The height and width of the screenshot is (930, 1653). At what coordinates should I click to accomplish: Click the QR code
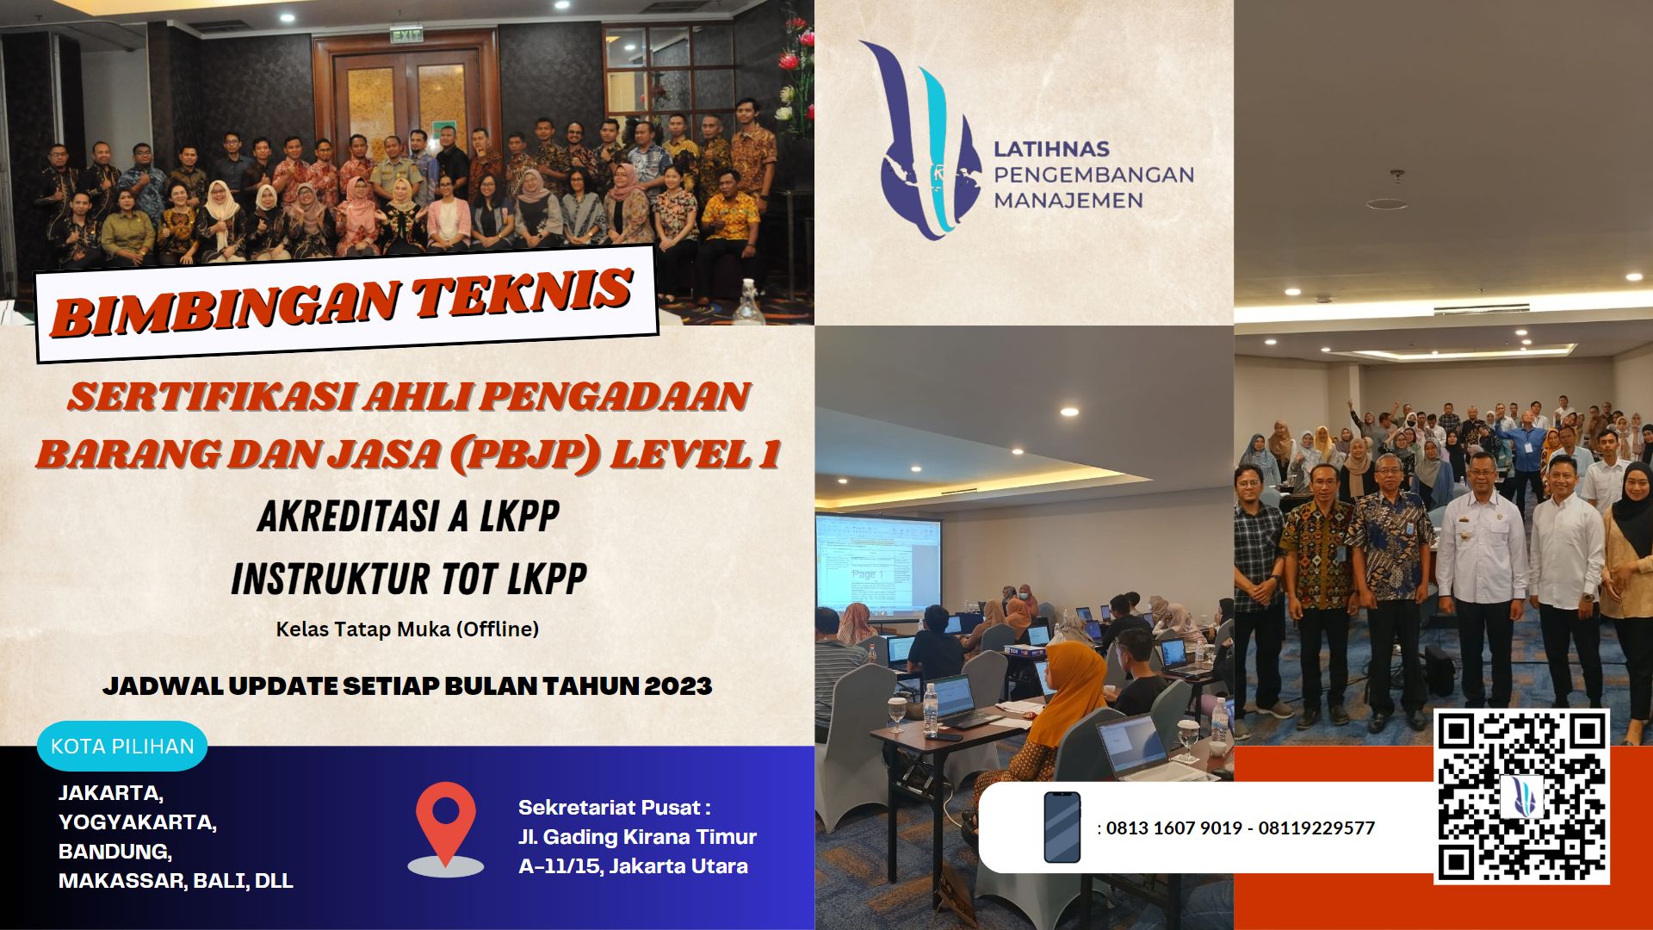[1521, 797]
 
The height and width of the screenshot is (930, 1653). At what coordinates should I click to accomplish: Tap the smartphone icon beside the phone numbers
[1062, 827]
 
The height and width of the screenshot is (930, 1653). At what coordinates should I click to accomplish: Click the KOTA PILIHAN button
[122, 746]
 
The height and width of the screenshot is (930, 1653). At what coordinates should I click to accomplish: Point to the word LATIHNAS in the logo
[1051, 149]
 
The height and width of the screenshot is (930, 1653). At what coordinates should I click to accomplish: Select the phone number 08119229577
[1316, 828]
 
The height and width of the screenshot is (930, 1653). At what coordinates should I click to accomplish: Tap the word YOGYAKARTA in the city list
[137, 822]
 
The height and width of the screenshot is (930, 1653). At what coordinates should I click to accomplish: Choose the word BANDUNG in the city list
[115, 852]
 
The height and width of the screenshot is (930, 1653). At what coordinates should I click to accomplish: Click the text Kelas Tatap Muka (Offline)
[407, 629]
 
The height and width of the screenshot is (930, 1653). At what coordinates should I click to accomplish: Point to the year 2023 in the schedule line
[678, 686]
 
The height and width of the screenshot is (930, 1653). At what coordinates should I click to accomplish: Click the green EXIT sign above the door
[406, 35]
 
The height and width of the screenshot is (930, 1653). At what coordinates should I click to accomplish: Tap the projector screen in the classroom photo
[877, 564]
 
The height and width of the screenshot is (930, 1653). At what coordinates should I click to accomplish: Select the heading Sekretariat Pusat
[614, 808]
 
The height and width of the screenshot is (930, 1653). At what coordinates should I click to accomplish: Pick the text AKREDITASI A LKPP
[408, 517]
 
